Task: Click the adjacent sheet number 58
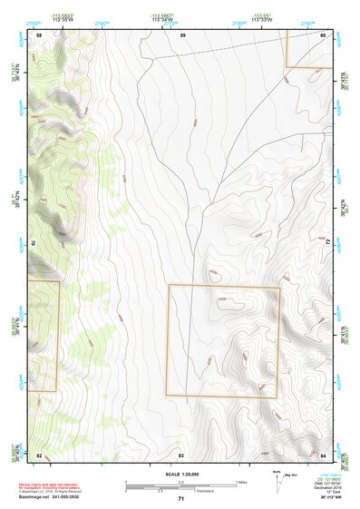coord(39,34)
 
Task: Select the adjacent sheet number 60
coord(324,34)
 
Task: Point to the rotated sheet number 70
coord(36,243)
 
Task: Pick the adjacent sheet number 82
coord(39,454)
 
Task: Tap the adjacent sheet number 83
coord(181,454)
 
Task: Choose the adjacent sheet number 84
coord(324,454)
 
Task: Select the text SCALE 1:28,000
coord(180,473)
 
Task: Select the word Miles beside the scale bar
coord(240,482)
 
